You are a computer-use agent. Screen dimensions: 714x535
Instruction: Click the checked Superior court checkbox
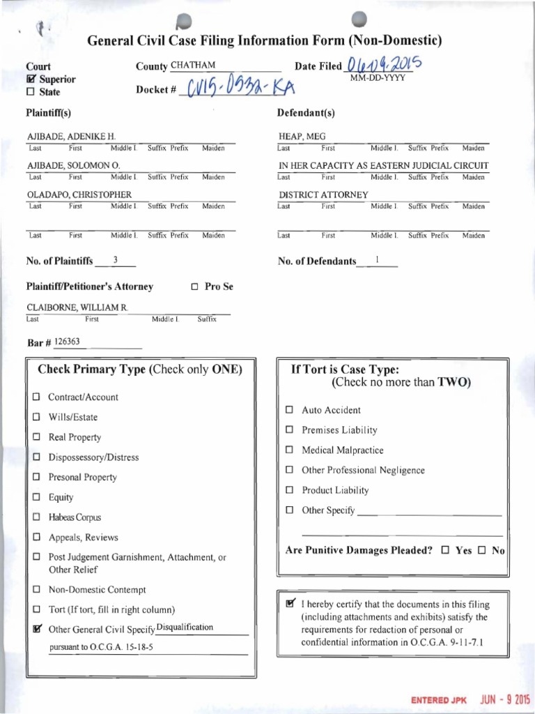(x=30, y=79)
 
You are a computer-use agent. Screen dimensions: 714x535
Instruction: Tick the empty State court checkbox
(x=30, y=92)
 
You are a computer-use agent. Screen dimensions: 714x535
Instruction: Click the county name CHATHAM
(x=193, y=66)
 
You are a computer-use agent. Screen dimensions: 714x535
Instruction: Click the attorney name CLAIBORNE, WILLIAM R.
(x=77, y=307)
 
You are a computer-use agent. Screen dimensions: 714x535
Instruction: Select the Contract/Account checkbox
(x=36, y=397)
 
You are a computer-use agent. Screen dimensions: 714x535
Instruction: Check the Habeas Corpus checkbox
(x=36, y=518)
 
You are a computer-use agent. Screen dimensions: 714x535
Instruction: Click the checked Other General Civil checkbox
(x=36, y=629)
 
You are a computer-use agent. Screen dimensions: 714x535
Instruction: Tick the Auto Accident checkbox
(x=289, y=411)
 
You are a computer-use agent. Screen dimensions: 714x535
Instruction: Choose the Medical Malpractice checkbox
(x=289, y=450)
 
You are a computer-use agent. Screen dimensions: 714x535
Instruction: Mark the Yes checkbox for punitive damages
(x=445, y=550)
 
